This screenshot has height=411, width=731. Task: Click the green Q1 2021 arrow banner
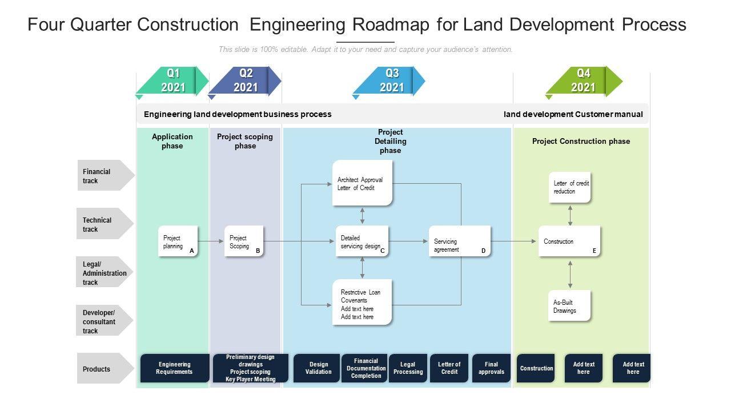tap(173, 80)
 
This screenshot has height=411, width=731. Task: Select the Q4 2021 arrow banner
tap(583, 80)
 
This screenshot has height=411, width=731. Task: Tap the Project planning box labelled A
tap(178, 241)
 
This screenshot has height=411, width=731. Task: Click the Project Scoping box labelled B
tap(244, 241)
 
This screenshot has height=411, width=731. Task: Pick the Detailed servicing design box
tap(362, 241)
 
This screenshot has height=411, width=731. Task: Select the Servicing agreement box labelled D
tap(460, 241)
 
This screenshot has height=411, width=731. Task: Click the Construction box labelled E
tap(569, 241)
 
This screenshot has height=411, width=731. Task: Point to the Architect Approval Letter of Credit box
tap(363, 183)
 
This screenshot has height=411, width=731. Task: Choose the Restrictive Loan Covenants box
tap(363, 303)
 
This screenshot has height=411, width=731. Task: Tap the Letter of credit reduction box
tap(570, 187)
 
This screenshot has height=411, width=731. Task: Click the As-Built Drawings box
tap(569, 306)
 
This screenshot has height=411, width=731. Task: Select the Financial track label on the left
tap(103, 176)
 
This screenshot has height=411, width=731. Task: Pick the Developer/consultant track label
tap(103, 321)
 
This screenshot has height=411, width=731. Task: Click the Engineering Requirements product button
tap(174, 368)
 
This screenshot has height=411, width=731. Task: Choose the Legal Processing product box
tap(408, 368)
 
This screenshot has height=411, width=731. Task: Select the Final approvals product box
tap(491, 368)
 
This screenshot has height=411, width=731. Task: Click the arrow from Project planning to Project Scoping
tap(211, 241)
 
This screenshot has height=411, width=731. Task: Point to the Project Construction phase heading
tap(581, 142)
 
